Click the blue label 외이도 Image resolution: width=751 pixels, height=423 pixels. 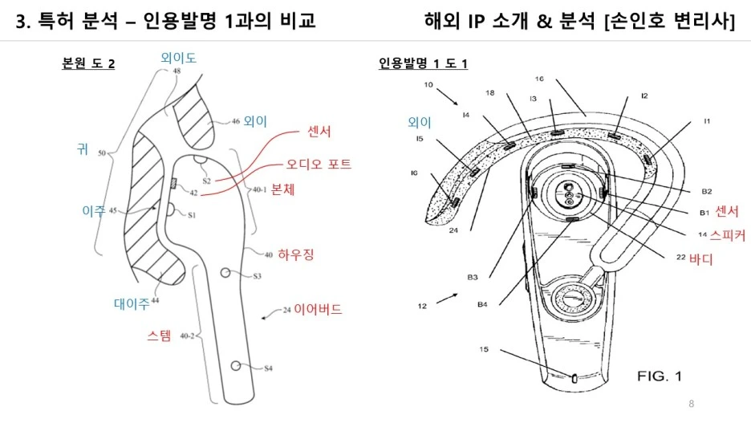pos(179,57)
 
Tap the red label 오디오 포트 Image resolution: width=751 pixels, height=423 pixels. pos(319,164)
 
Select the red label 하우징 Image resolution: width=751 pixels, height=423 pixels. pos(296,255)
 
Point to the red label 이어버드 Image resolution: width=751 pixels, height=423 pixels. pos(318,308)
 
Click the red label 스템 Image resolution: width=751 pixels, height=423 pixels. pos(159,336)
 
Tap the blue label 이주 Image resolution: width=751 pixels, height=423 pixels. pos(94,209)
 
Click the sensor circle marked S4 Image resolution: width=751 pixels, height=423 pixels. pos(237,366)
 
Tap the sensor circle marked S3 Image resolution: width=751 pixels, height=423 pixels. pos(226,273)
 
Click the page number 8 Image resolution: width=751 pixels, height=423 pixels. pos(692,402)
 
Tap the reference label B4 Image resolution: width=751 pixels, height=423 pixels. pos(482,304)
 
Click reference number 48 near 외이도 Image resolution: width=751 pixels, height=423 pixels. pos(176,71)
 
